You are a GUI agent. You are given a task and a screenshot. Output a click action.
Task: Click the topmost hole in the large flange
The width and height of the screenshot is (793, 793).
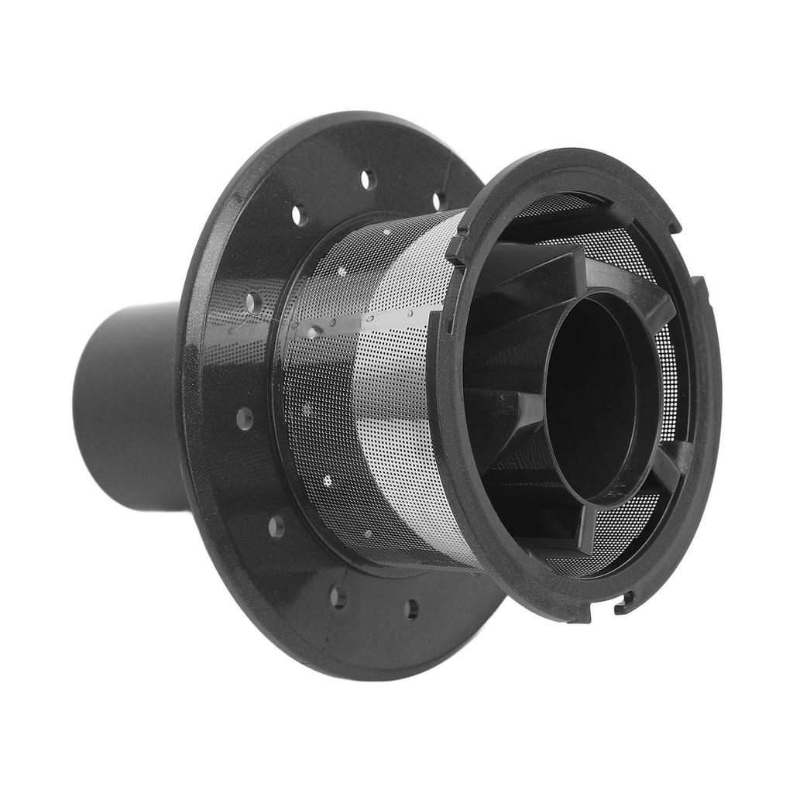point(368,179)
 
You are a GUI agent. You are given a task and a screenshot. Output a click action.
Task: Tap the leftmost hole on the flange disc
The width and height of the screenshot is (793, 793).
point(245,419)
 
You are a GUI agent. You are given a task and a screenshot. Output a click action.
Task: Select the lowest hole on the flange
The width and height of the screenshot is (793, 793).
point(411,609)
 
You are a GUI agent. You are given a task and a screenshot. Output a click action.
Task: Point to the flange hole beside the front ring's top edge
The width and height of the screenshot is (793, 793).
point(439,201)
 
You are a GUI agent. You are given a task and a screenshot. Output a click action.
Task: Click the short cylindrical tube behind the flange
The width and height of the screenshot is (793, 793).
point(128,403)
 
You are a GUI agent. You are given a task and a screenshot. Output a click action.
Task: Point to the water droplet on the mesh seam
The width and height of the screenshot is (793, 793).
point(313,332)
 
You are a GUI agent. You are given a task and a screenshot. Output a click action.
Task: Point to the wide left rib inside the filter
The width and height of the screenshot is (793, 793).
point(503,403)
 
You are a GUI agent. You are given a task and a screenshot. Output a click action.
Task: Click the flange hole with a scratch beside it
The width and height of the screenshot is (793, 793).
point(252,303)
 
